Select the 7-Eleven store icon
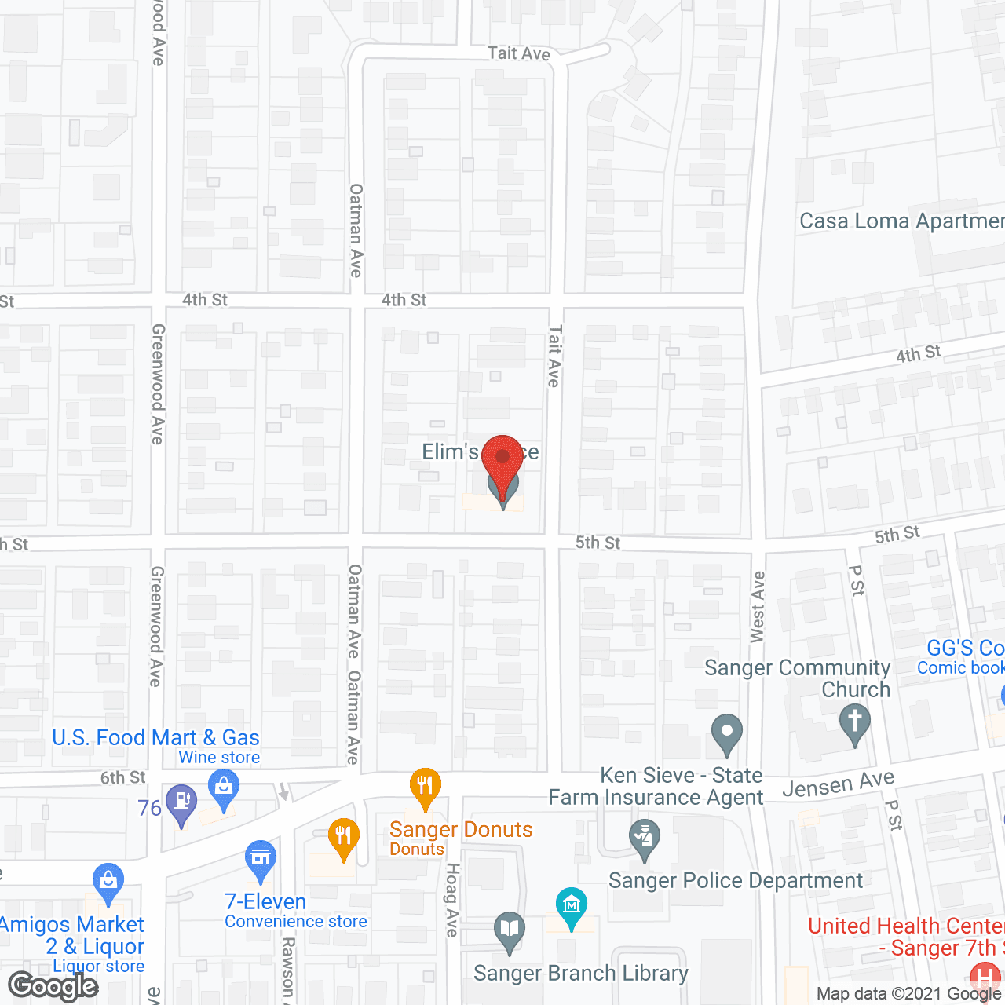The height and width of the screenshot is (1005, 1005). click(260, 859)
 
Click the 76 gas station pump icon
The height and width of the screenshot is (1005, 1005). click(182, 803)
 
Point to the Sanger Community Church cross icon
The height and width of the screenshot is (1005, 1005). click(855, 722)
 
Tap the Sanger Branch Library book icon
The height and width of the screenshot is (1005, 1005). click(510, 931)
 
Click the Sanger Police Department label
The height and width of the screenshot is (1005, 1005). click(736, 881)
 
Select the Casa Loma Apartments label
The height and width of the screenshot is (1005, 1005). click(901, 221)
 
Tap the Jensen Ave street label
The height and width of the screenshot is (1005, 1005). click(838, 784)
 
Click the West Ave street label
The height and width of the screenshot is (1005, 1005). click(758, 607)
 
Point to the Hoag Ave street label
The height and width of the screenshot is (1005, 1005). click(452, 900)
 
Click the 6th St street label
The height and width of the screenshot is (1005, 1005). click(123, 777)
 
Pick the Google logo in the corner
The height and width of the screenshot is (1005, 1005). click(53, 986)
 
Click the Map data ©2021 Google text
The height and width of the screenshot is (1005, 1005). click(909, 994)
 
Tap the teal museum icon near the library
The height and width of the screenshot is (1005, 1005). click(571, 906)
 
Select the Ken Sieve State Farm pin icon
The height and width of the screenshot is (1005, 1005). click(644, 838)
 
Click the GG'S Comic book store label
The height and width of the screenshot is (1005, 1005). click(964, 657)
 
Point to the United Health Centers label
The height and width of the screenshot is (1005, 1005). click(906, 937)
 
